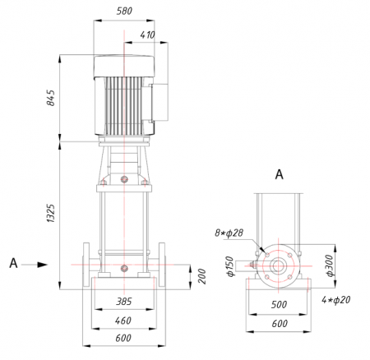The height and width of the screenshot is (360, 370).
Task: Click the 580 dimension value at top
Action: (124, 11)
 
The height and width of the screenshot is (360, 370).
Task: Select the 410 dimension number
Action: (147, 35)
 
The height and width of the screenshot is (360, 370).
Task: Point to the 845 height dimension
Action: (51, 98)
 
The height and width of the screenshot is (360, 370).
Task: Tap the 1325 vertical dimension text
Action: (51, 213)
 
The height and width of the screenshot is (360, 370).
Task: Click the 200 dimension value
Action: (202, 276)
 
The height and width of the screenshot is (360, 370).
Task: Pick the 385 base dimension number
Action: (124, 302)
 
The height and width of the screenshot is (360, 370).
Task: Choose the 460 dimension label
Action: (123, 321)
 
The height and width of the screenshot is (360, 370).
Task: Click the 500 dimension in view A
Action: (279, 304)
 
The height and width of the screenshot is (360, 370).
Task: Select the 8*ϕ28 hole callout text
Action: (229, 233)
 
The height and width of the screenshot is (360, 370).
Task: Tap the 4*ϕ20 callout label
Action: (336, 300)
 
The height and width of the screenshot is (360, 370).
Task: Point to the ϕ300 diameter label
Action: (330, 265)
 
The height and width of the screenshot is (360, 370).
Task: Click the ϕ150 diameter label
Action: (230, 266)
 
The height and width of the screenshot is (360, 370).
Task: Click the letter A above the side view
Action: (279, 174)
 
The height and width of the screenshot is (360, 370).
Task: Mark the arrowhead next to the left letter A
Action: (43, 265)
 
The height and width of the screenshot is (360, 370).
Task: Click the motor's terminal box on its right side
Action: (160, 102)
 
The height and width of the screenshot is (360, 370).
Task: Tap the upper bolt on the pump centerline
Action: (124, 179)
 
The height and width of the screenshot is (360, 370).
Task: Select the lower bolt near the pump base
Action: (124, 268)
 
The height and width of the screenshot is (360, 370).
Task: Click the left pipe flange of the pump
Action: (86, 265)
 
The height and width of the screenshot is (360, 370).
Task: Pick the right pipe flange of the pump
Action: (162, 265)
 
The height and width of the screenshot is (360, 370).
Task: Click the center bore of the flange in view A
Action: (278, 265)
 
